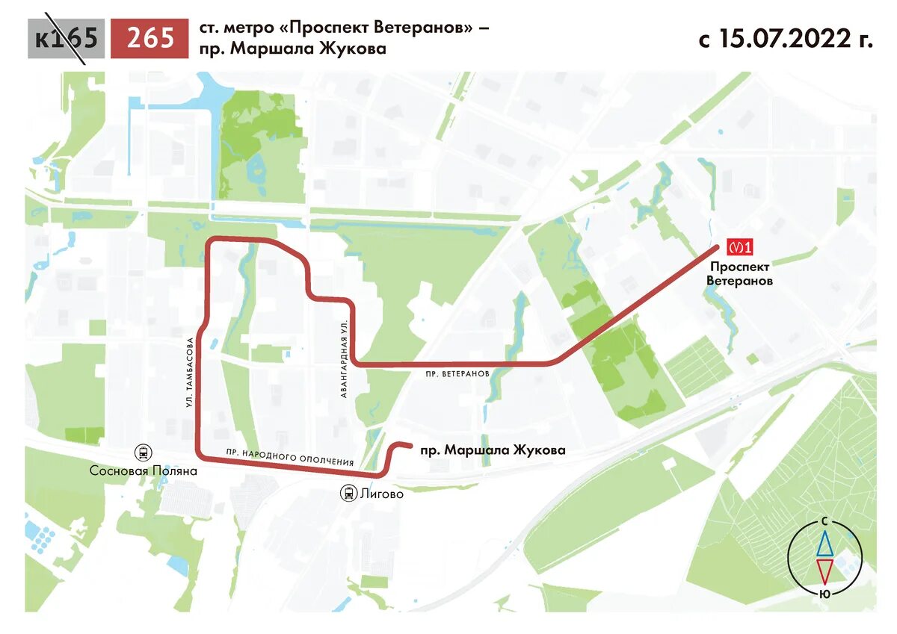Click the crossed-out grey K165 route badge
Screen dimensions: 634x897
coord(66,38)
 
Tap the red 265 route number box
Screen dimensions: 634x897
coord(150,38)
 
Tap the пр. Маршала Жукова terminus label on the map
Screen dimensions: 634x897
coord(493,450)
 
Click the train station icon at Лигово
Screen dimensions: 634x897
coord(348,493)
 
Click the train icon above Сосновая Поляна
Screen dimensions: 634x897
coord(142,453)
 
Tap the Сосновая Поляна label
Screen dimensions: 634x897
coord(143,471)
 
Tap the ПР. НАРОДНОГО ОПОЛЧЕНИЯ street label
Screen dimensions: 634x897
coord(290,458)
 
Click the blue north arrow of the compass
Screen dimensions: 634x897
coord(824,544)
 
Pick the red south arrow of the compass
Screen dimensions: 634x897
coord(824,571)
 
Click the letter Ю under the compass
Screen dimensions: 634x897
coord(824,594)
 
